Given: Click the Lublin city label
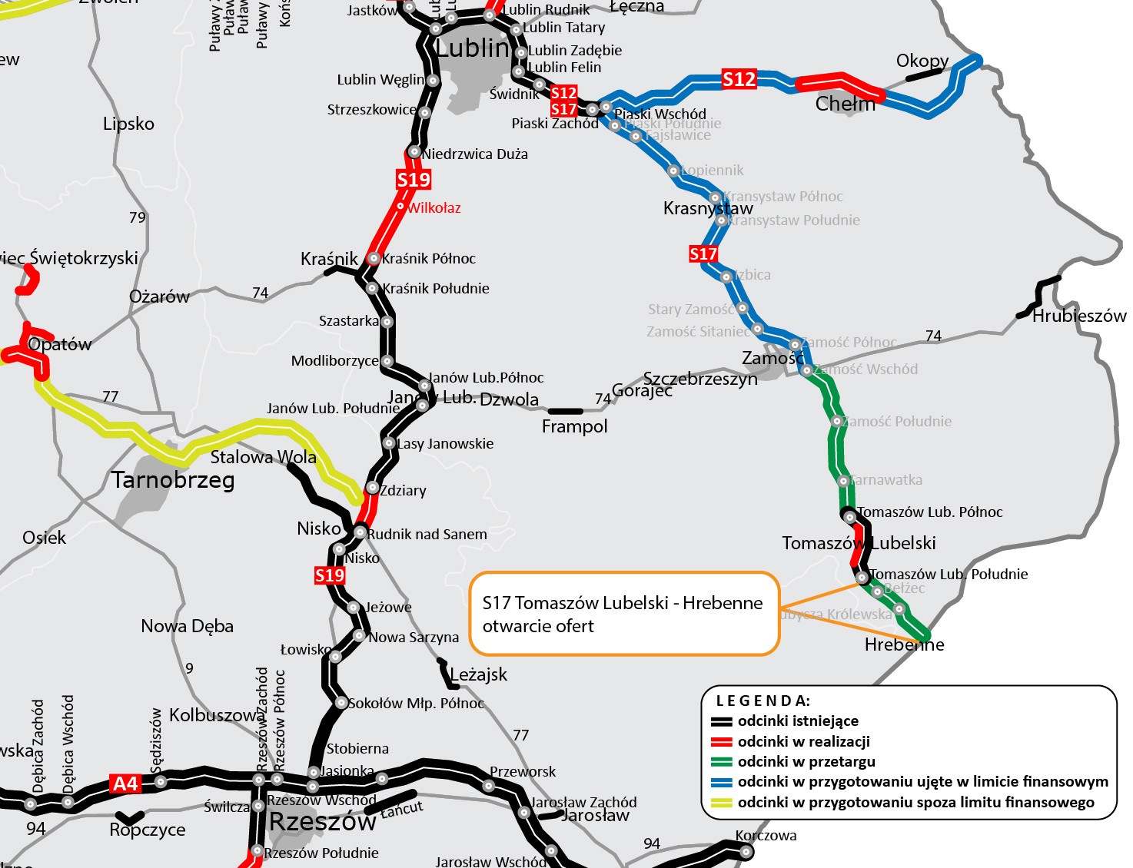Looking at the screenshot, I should coord(472,48).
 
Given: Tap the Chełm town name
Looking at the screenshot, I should coord(845,104).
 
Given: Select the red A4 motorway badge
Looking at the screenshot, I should coord(125,784).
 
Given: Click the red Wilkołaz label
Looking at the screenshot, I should coord(434,208).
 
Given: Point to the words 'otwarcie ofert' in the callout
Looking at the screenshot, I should coord(538,626).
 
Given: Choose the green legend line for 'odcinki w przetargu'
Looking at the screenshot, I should coord(721,762).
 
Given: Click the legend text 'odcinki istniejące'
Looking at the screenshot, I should coord(798,721).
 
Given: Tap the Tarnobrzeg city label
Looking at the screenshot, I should coord(173,480).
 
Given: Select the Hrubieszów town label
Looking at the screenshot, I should coord(1078,316).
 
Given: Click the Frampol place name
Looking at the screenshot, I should coord(574,426).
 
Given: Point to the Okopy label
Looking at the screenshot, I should coord(922,61).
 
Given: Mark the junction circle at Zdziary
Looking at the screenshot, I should coord(372,488).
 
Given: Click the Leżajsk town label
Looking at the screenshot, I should coord(478,674).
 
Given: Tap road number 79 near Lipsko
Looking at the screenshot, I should coord(138,217).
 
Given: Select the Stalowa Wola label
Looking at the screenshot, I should coord(263,457).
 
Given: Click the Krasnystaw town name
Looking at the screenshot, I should coord(708,208).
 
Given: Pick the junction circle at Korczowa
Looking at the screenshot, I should coord(746,851).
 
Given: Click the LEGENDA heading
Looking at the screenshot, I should coord(763,701).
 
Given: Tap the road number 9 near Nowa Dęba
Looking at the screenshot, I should coord(189,668).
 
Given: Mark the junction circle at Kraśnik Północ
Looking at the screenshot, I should coord(374,259).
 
